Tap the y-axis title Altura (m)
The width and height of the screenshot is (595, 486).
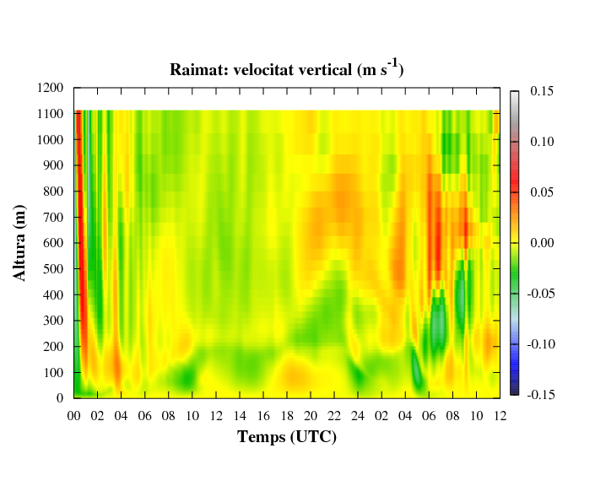click(x=19, y=243)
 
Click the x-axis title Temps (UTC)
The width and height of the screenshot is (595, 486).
click(x=287, y=437)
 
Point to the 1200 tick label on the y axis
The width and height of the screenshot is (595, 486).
click(x=50, y=88)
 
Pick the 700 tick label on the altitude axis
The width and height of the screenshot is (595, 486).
click(x=53, y=218)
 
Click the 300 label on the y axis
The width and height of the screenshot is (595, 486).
click(x=53, y=321)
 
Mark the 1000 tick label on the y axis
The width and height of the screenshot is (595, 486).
click(x=50, y=139)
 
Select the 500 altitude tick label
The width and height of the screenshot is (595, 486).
click(x=53, y=269)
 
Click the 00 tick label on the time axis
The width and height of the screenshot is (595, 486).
click(x=74, y=416)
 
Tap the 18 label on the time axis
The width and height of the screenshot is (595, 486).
click(x=287, y=416)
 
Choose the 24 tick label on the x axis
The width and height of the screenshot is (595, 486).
click(x=358, y=416)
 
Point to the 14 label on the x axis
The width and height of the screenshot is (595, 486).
click(x=240, y=416)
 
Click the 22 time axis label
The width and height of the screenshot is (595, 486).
click(x=334, y=416)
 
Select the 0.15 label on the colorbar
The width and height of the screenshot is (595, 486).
click(x=542, y=91)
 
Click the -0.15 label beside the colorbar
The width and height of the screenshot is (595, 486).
click(x=541, y=395)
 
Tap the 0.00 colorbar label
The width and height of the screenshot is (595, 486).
click(x=542, y=243)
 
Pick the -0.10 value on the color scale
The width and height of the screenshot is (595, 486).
click(x=541, y=344)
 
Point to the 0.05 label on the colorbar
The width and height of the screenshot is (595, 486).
click(x=542, y=192)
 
